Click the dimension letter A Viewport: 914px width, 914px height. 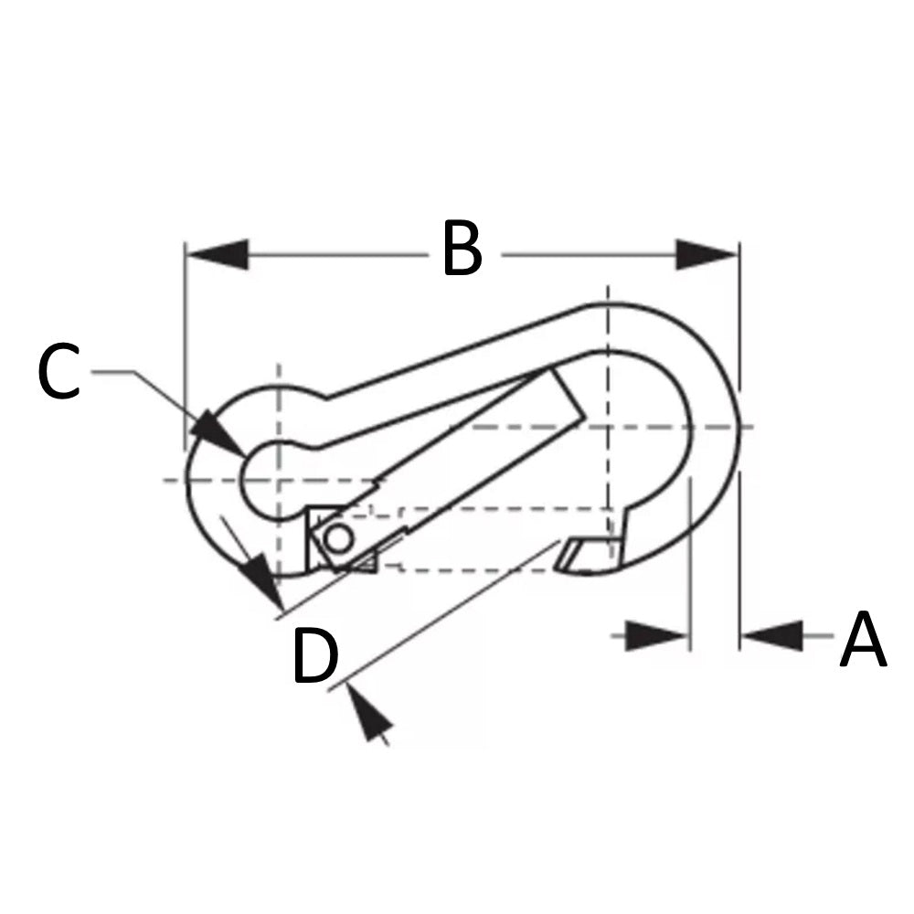(x=864, y=642)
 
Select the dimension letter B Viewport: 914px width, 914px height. (x=462, y=249)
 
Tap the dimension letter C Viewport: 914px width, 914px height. (x=59, y=373)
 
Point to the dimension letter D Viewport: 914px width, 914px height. (x=315, y=656)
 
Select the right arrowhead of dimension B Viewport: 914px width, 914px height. (x=706, y=254)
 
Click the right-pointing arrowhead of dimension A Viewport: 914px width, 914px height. (x=658, y=636)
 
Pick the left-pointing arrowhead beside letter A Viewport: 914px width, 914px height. (x=770, y=636)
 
